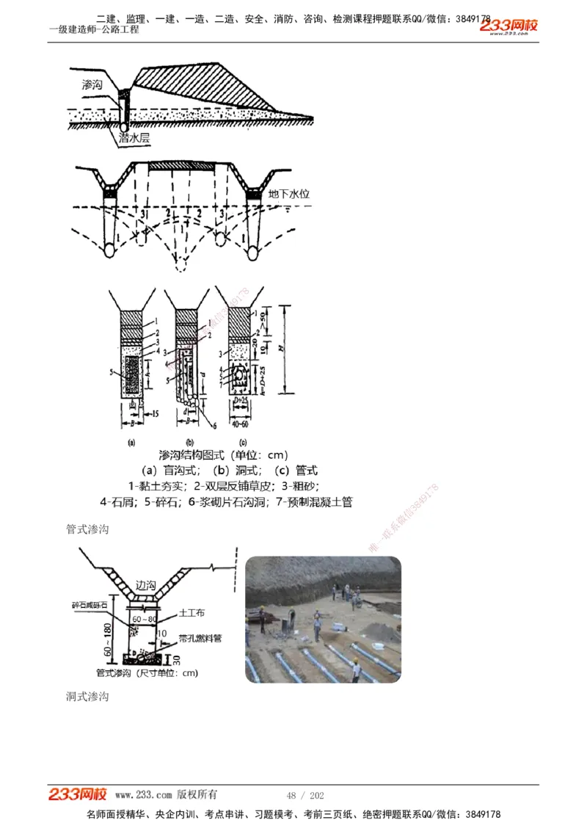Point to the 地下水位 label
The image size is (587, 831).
(289, 195)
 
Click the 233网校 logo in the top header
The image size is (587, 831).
(508, 26)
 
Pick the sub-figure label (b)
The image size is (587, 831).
(189, 443)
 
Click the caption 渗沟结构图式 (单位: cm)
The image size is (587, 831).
(223, 456)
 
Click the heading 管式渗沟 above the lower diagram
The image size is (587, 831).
(87, 529)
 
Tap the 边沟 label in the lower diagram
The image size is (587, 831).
(146, 585)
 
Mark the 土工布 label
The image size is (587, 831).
(193, 612)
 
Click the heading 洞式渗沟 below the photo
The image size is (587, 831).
(87, 695)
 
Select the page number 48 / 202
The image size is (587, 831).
(305, 795)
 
